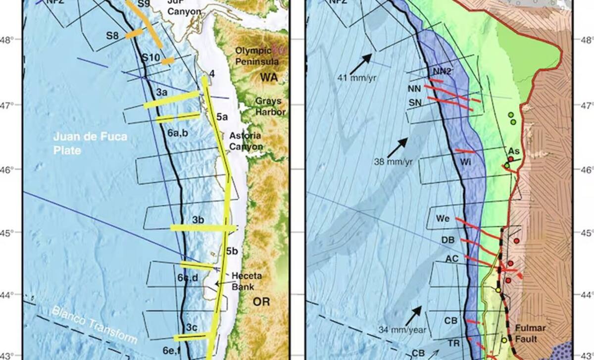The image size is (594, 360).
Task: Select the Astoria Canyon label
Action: (x=246, y=141)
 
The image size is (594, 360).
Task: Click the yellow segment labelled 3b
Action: (x=203, y=228)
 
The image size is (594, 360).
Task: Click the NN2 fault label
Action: (x=442, y=71)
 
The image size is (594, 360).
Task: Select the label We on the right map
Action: (x=442, y=218)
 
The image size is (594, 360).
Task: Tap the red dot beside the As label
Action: (x=510, y=159)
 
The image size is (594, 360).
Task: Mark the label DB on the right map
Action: (x=447, y=240)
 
